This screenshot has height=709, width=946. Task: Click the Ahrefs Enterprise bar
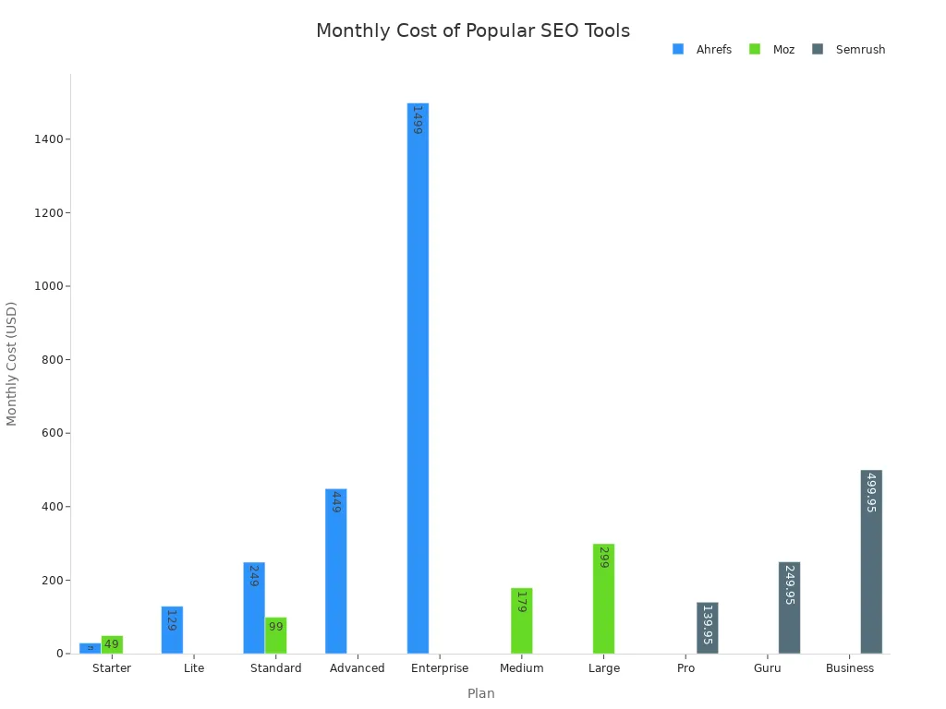(x=418, y=379)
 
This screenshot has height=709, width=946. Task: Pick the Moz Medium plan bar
(x=521, y=620)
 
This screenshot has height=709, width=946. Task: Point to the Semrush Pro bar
(x=707, y=628)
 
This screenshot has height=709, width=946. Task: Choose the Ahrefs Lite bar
(x=172, y=630)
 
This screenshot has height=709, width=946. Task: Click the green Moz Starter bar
(x=112, y=644)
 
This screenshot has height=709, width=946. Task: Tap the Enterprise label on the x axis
(x=439, y=668)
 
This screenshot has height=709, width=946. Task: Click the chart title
(x=473, y=30)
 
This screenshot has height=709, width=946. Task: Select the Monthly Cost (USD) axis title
(x=12, y=363)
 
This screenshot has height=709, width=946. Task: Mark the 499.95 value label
(x=870, y=493)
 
